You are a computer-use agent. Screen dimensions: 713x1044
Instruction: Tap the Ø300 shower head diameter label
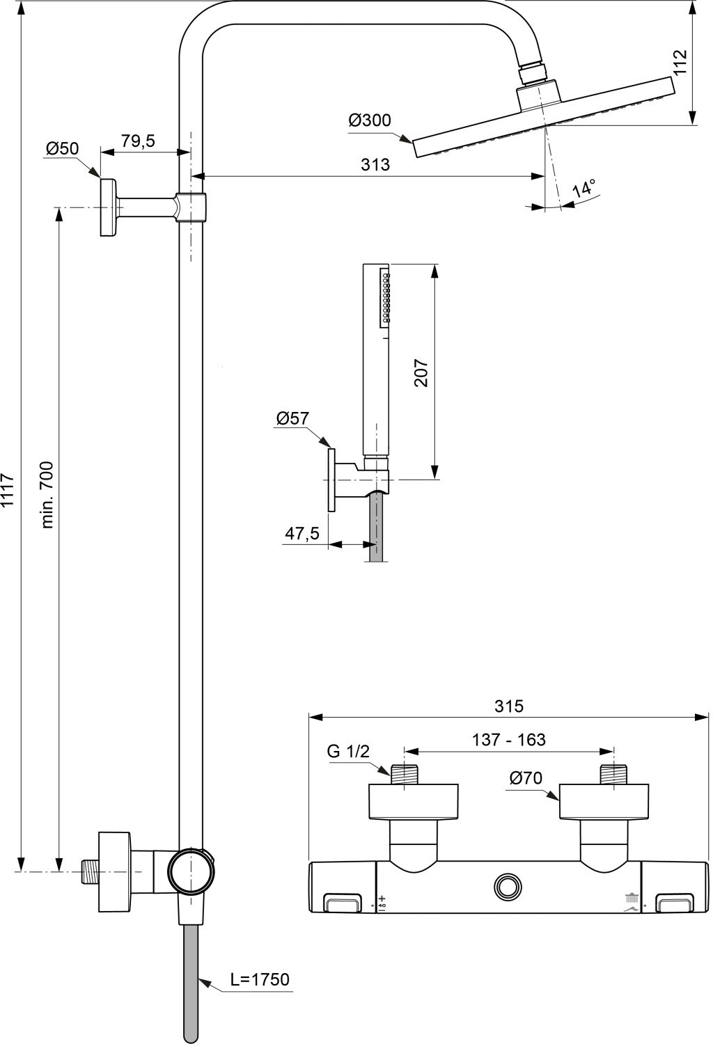pos(369,120)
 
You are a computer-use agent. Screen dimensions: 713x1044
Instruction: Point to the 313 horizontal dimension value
pos(375,164)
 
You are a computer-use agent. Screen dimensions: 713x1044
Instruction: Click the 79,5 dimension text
pos(138,141)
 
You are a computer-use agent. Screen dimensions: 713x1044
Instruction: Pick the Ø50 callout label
pos(62,149)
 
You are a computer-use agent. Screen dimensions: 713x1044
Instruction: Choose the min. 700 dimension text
pos(48,494)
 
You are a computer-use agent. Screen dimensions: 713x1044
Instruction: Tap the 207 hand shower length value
pos(421,372)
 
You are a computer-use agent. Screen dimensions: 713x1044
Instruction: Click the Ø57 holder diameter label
pos(292,418)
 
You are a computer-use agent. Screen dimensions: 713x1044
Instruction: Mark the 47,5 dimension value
pos(302,532)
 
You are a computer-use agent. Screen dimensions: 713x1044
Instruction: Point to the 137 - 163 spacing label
pos(509,740)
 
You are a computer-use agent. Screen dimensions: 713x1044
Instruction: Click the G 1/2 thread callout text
pos(348,751)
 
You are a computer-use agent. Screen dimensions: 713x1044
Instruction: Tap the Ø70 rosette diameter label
pos(526,778)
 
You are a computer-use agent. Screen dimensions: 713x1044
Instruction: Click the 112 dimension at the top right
pos(680,62)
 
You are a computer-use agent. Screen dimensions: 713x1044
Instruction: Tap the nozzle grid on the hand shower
pos(386,299)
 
